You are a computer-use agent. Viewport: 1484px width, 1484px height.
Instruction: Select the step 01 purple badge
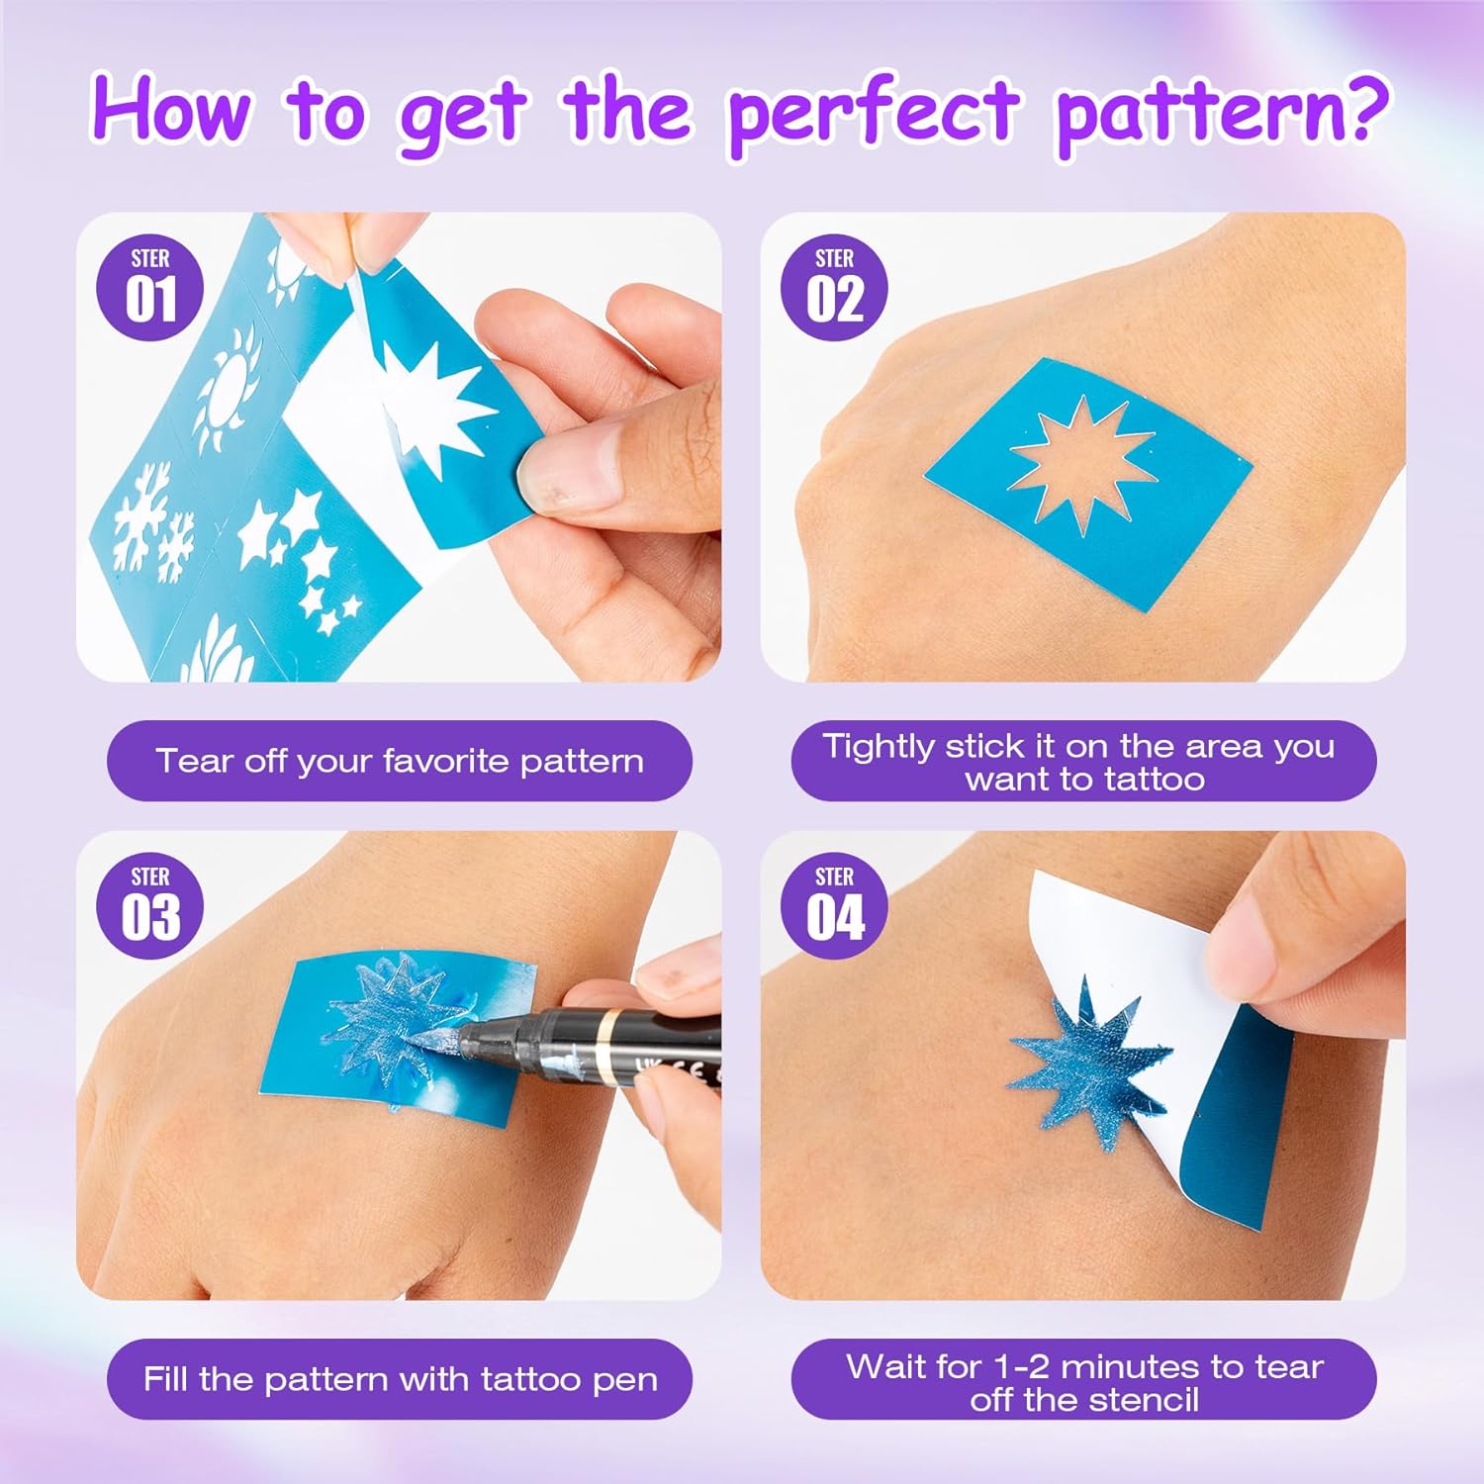[x=150, y=288]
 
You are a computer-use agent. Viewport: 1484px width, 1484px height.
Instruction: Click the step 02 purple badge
[x=834, y=288]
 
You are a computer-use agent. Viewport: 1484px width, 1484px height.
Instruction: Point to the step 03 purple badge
[x=150, y=906]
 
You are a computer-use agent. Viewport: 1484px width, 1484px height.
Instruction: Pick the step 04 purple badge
[x=834, y=906]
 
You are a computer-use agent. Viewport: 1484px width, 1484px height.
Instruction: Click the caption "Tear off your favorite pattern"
[x=400, y=761]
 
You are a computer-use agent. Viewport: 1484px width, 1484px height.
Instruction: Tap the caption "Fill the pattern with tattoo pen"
[x=400, y=1379]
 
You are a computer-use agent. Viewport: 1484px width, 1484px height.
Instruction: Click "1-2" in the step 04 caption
[x=1023, y=1366]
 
